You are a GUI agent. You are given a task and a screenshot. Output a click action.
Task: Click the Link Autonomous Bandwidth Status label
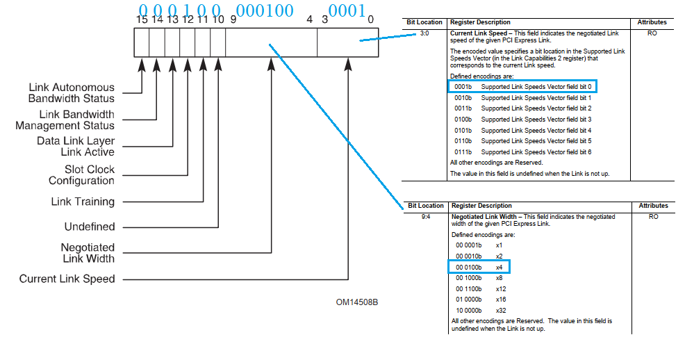coord(72,93)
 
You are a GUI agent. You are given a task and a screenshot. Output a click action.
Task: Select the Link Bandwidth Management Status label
coord(65,120)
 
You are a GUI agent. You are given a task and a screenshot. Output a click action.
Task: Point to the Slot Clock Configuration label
coord(81,174)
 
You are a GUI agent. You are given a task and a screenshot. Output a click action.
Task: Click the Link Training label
coord(83,202)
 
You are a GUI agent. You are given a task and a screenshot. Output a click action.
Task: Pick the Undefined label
coord(90,227)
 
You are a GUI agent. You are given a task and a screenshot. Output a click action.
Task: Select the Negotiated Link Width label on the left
coord(88,253)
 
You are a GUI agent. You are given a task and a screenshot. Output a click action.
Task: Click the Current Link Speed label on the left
coord(67,279)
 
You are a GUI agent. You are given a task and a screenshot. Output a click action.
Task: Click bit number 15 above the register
coord(142,20)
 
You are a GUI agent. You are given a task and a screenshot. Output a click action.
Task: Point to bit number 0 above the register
coord(370,20)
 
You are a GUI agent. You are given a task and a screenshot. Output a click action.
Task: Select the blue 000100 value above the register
coord(265,10)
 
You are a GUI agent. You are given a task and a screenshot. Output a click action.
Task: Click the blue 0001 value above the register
coord(347,10)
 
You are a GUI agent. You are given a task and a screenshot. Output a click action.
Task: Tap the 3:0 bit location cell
coord(424,33)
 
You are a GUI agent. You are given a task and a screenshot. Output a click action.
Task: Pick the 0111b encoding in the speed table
coord(463,152)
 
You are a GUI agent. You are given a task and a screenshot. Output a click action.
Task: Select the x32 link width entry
coord(500,310)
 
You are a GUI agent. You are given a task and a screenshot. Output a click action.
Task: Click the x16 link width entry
coord(500,299)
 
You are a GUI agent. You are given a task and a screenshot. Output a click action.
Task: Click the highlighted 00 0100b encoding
coord(469,267)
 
